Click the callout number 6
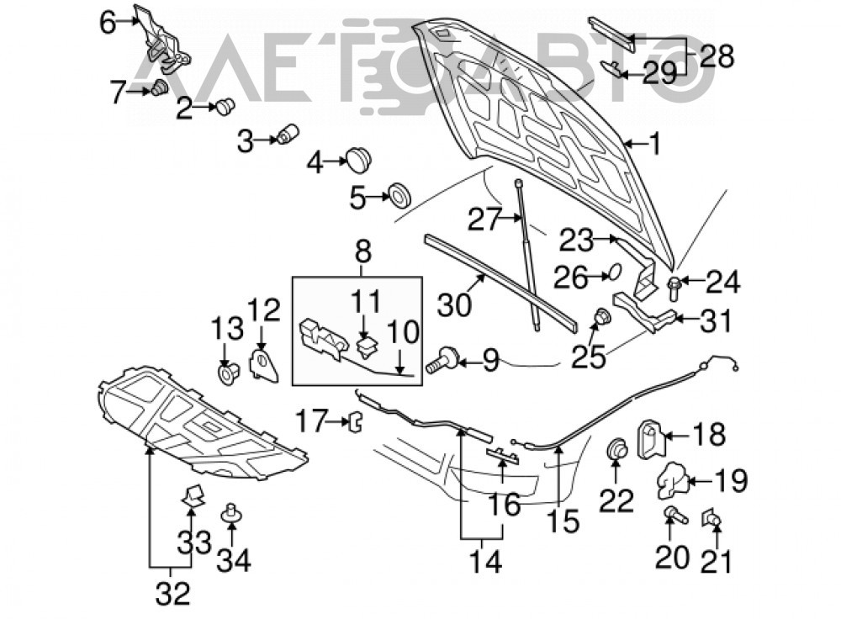pyautogui.click(x=108, y=23)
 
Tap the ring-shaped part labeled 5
pyautogui.click(x=399, y=195)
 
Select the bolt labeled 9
pyautogui.click(x=442, y=360)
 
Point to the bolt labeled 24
pyautogui.click(x=674, y=287)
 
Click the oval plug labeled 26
pyautogui.click(x=615, y=272)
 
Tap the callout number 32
pyautogui.click(x=172, y=593)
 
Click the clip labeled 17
pyautogui.click(x=356, y=421)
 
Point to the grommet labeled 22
pyautogui.click(x=616, y=449)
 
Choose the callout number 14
pyautogui.click(x=485, y=561)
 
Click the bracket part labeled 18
pyautogui.click(x=650, y=439)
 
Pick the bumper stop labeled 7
pyautogui.click(x=159, y=87)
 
